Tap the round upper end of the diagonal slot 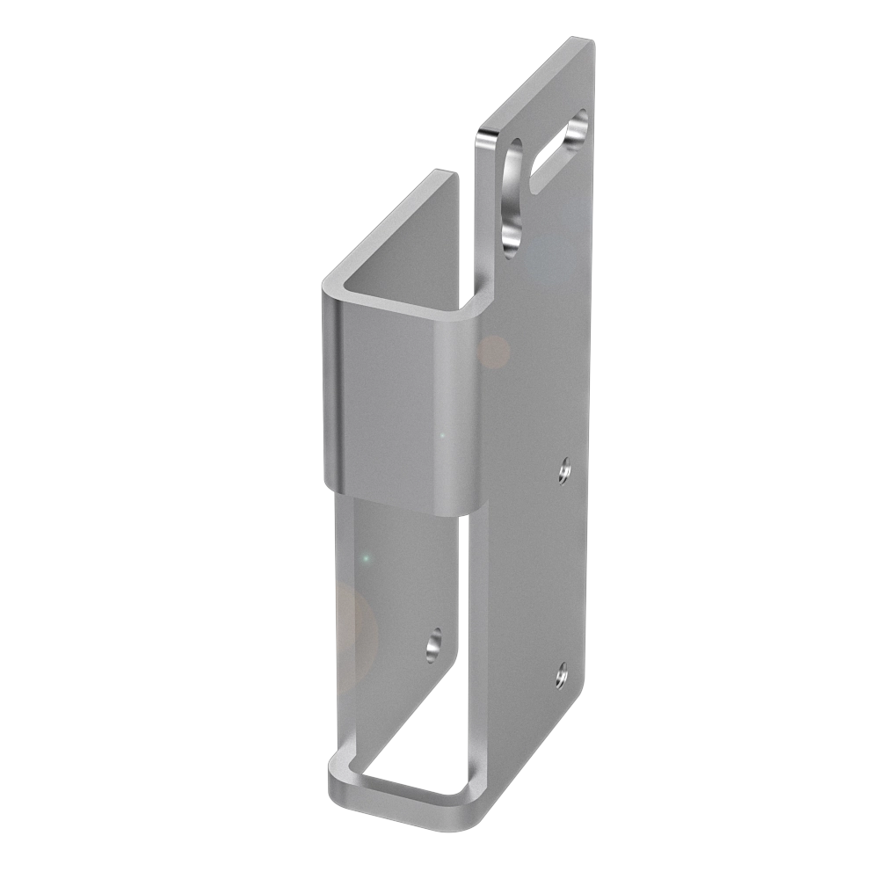pyautogui.click(x=578, y=127)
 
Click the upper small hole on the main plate pyautogui.click(x=564, y=471)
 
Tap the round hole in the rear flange pyautogui.click(x=434, y=646)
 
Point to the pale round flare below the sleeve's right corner pyautogui.click(x=494, y=352)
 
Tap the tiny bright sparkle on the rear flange pyautogui.click(x=366, y=557)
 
